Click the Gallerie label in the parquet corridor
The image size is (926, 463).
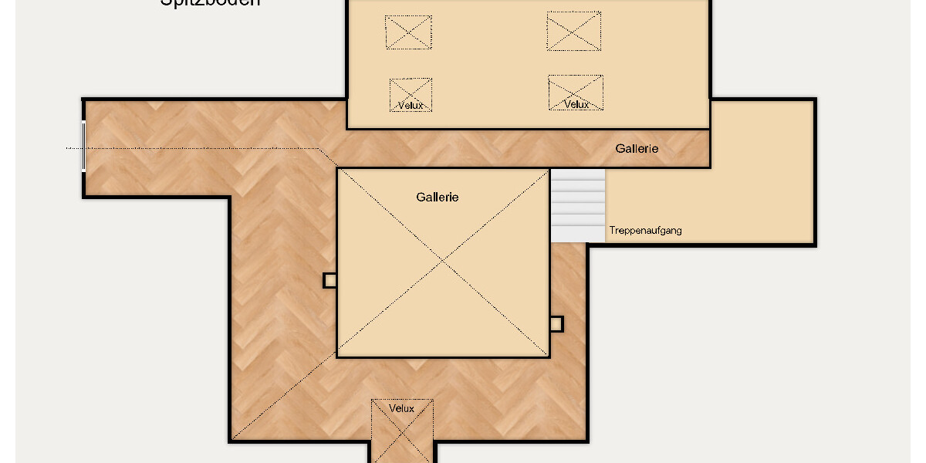(637, 149)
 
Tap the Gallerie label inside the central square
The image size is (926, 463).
(438, 198)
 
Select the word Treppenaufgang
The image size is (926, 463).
(646, 231)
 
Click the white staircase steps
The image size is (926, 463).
(578, 204)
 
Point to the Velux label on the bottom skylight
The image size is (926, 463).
(402, 408)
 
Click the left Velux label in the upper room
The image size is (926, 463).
(411, 105)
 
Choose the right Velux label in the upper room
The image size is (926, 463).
(576, 104)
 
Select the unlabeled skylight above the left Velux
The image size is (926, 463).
(408, 32)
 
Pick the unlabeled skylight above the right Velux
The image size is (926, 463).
(573, 31)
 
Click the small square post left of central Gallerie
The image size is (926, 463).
(330, 280)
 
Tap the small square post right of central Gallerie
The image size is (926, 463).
(556, 324)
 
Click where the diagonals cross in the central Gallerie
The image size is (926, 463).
(443, 263)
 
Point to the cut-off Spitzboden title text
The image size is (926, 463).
(210, 2)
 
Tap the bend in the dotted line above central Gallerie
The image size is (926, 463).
(319, 148)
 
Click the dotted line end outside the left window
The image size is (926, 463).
(67, 148)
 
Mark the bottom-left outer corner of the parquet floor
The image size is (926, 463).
(231, 441)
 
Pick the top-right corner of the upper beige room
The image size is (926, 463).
(709, 2)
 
